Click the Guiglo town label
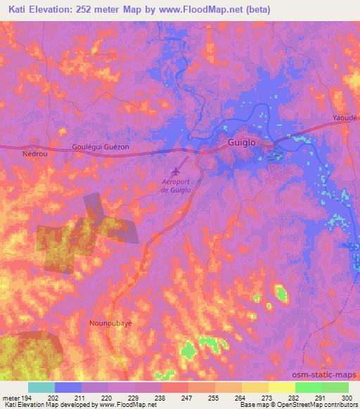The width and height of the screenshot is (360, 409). [x=243, y=142]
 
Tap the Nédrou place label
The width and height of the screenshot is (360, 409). [x=35, y=152]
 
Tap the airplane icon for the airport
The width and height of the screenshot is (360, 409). [x=176, y=171]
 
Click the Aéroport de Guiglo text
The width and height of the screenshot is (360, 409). [x=176, y=186]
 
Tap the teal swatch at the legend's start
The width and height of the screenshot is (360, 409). [x=41, y=387]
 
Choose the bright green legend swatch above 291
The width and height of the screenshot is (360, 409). [x=308, y=387]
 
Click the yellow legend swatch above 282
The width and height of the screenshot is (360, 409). [x=281, y=387]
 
